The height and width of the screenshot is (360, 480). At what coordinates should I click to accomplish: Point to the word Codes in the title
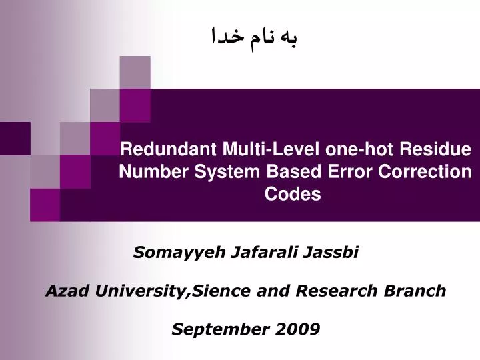point(293,194)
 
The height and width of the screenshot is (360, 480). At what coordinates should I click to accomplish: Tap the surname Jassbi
point(335,253)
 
